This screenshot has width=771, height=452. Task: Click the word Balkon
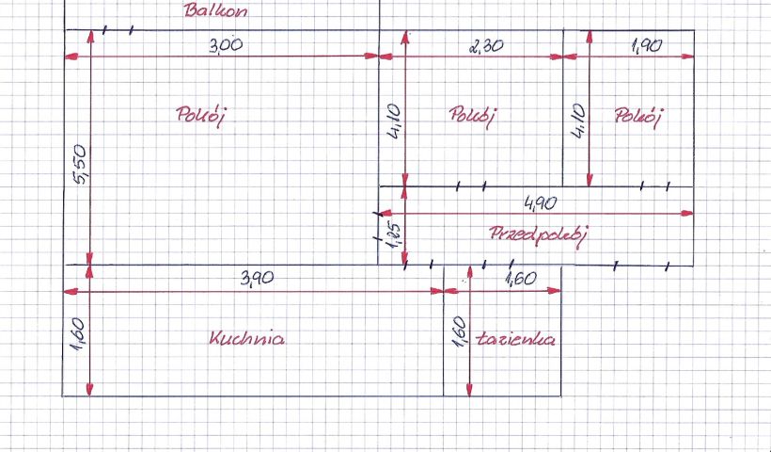pos(215,11)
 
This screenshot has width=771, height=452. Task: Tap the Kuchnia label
pos(247,338)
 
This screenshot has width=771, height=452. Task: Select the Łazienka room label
pos(515,339)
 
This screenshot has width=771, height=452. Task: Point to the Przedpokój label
pos(538,235)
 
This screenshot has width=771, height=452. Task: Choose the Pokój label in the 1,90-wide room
pos(637,117)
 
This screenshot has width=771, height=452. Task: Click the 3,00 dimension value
pos(226,45)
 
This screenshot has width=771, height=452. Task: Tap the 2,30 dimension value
pos(486,46)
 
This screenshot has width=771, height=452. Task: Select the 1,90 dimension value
pos(647,46)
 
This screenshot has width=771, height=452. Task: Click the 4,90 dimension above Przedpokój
pos(541,202)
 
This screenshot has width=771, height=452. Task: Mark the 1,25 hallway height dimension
pos(395,237)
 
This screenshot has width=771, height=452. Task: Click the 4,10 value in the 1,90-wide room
pos(579,121)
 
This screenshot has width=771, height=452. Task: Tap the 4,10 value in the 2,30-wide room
pos(395,121)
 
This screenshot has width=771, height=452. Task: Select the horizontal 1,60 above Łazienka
pos(521,280)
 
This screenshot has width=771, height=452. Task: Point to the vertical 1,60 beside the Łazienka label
pos(458,332)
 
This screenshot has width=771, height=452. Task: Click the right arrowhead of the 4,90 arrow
pos(687,213)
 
